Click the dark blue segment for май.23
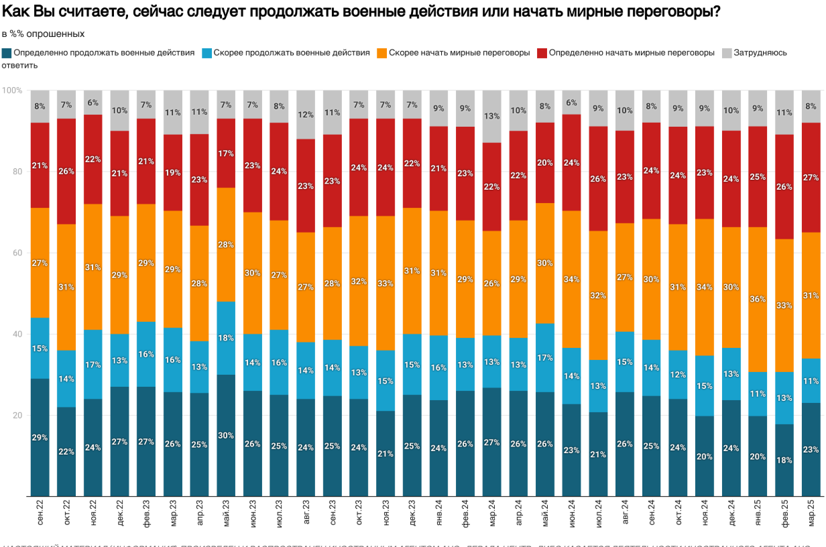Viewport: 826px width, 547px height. pos(226,435)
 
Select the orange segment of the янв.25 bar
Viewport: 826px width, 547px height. pos(758,299)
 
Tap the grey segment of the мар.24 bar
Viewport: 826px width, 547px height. pos(491,116)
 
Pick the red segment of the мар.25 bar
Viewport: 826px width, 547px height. pos(811,177)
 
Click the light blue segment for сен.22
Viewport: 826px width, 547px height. pos(40,348)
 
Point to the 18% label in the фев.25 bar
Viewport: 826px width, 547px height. pos(784,461)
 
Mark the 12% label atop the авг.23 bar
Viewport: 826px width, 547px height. pos(306,115)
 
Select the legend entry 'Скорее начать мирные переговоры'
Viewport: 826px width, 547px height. pos(459,52)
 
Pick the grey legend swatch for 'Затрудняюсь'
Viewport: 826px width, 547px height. pos(726,52)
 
